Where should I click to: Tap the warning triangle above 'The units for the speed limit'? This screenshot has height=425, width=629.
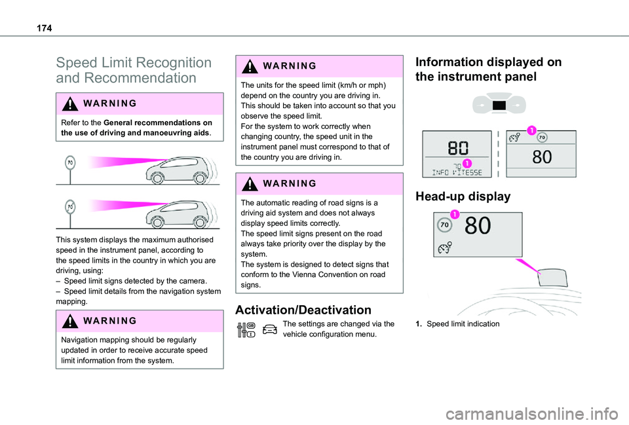click(x=252, y=66)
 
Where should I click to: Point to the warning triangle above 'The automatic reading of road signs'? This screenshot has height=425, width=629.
click(x=252, y=184)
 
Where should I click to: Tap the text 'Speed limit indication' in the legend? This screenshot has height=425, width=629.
click(x=463, y=324)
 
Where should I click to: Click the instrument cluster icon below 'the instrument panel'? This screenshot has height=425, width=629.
click(x=500, y=105)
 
